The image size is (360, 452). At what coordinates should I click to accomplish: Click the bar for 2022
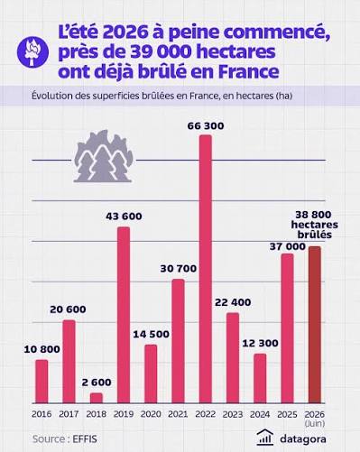pos(206,269)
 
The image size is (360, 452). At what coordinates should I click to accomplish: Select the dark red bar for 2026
pos(315,325)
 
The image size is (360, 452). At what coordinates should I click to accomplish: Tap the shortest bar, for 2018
pos(97,398)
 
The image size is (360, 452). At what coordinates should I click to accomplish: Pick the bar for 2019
pos(124,315)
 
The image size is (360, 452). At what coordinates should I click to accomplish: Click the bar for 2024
pos(260,378)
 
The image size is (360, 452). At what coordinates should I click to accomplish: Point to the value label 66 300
pos(206,125)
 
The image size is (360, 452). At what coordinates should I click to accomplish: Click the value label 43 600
pos(124,217)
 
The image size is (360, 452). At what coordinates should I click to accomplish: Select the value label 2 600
pos(97,383)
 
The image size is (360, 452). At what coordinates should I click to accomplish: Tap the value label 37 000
pos(288,246)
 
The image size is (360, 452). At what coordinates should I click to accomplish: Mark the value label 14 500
pos(151,334)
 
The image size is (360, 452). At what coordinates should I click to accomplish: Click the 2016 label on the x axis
pos(42,414)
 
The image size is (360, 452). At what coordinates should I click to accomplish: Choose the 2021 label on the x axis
pos(178,414)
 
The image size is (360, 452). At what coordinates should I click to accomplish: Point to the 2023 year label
pos(233,414)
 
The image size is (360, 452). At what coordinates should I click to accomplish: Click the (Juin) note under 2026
pos(315,423)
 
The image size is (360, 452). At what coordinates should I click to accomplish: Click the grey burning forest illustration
pos(103,156)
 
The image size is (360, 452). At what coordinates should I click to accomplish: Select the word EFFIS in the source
pos(85,439)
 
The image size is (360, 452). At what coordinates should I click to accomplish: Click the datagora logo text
pos(303,439)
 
